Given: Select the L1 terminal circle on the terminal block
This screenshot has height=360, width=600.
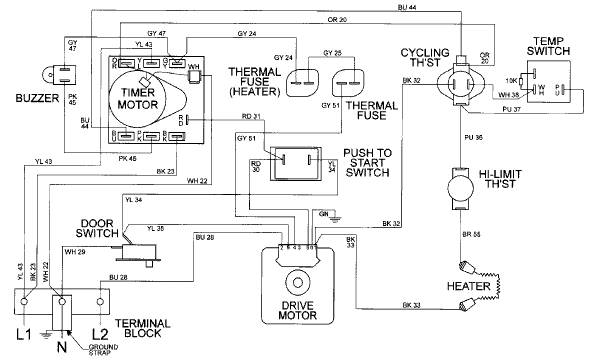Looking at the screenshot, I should click(x=24, y=301).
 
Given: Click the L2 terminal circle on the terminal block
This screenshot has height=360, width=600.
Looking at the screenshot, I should click(x=99, y=301).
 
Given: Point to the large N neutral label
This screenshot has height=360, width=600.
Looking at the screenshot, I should click(x=62, y=346).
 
